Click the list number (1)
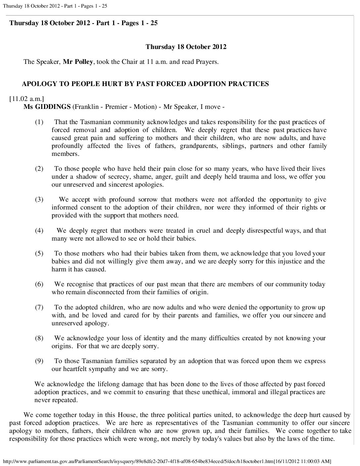tap(39, 122)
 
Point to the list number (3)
tap(39, 200)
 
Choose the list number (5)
tap(39, 254)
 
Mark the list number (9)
tap(39, 361)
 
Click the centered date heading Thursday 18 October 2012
tap(186, 47)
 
